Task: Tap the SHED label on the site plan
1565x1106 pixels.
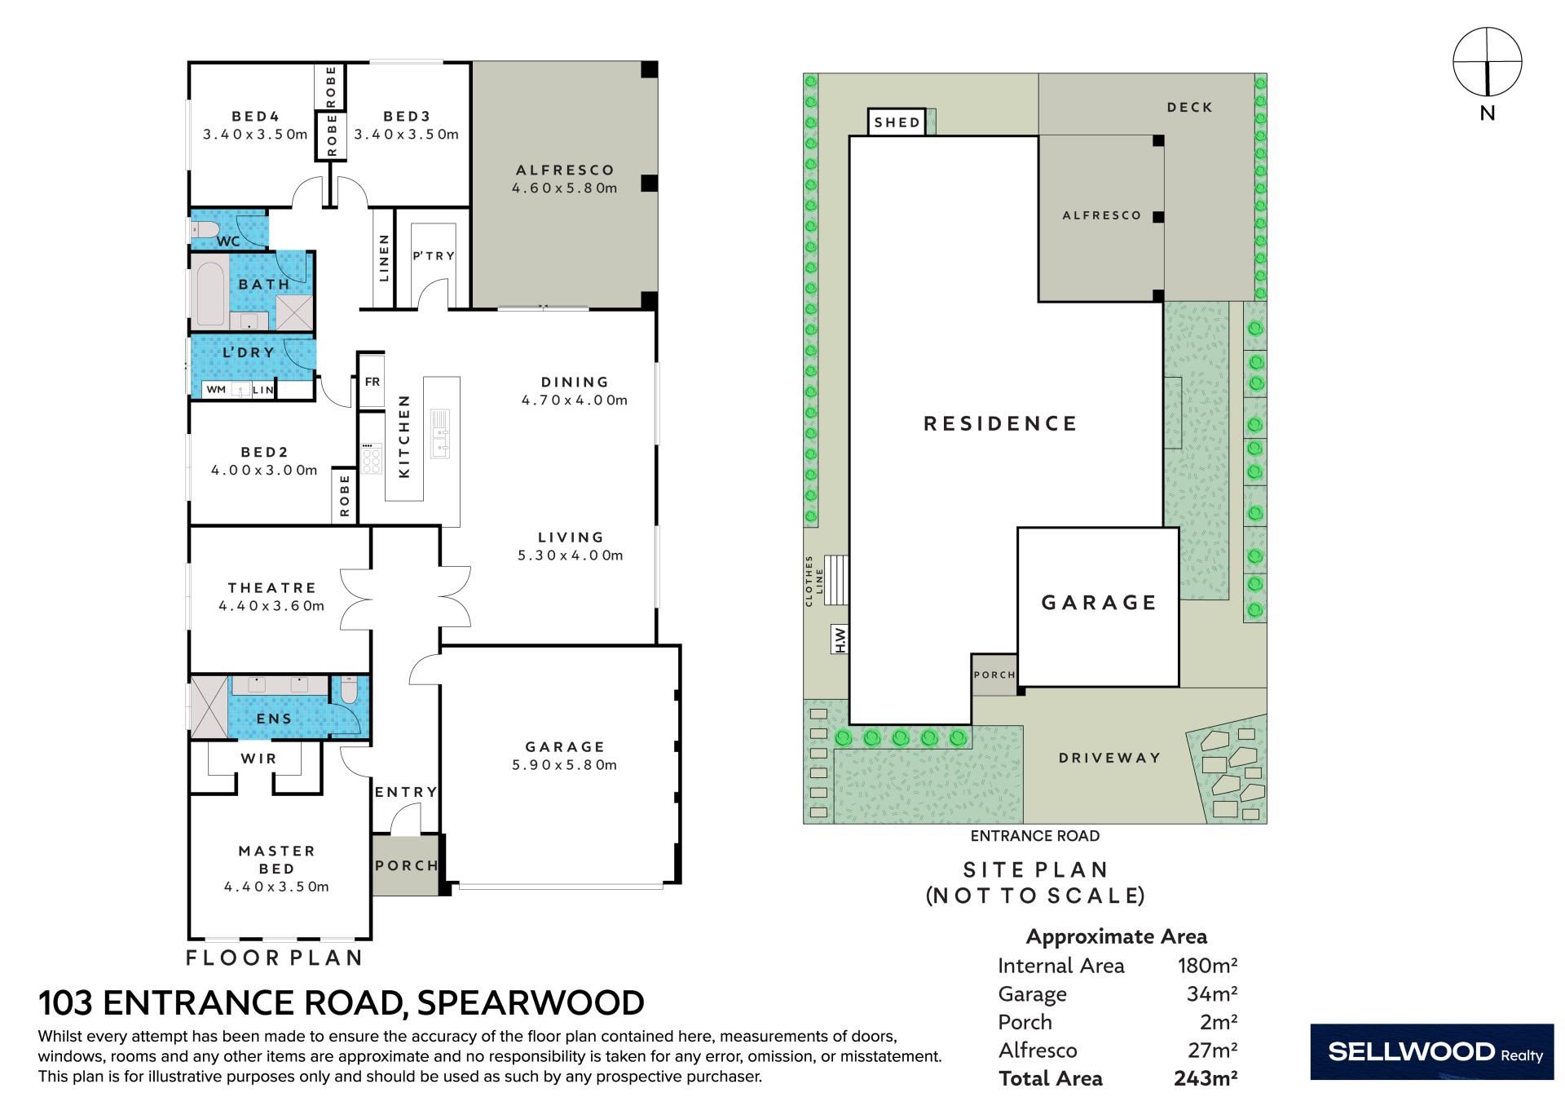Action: [x=897, y=122]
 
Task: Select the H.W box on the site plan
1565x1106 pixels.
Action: [x=840, y=639]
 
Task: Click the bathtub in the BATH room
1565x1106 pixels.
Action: [x=210, y=294]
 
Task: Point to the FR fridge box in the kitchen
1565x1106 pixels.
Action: [x=372, y=381]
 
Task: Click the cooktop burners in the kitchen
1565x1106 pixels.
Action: [x=372, y=459]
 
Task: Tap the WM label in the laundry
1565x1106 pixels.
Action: [x=216, y=390]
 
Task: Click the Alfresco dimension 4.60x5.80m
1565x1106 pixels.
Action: [x=564, y=188]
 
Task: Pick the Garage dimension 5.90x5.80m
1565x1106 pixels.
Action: [x=564, y=765]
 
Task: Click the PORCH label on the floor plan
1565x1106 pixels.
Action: [x=407, y=865]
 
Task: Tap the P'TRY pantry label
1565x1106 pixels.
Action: [x=434, y=256]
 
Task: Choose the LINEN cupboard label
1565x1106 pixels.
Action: [x=384, y=258]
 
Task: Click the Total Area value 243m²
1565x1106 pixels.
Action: [x=1206, y=1078]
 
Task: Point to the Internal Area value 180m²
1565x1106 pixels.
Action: [x=1207, y=966]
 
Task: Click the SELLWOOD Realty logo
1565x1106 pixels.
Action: [x=1432, y=1052]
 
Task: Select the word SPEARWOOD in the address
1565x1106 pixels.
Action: [x=530, y=1002]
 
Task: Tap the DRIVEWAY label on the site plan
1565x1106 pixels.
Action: [x=1109, y=758]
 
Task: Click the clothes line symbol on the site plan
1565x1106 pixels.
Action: [x=836, y=580]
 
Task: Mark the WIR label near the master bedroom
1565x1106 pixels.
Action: [x=258, y=759]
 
